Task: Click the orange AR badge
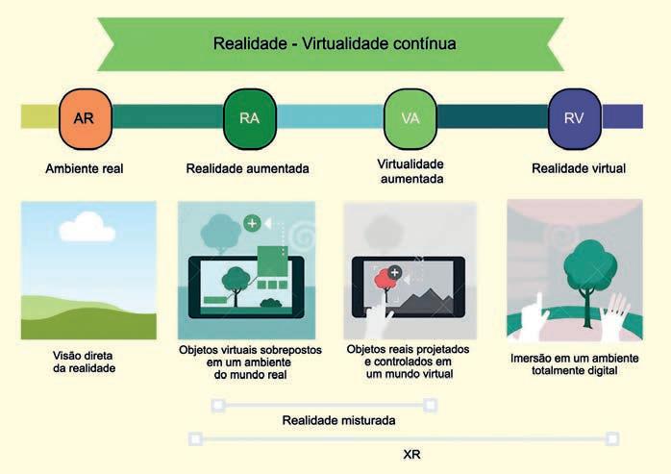[x=84, y=118]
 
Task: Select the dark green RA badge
[x=249, y=118]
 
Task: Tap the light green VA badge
[x=409, y=118]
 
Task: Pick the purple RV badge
[x=574, y=118]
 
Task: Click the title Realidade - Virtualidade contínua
[x=334, y=43]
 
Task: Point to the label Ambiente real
[x=84, y=168]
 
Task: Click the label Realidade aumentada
[x=247, y=168]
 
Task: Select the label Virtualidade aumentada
[x=409, y=171]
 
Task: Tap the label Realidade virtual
[x=578, y=168]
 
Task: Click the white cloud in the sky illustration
[x=87, y=228]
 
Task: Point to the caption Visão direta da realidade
[x=85, y=361]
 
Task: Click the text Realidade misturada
[x=338, y=420]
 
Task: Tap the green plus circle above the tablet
[x=252, y=223]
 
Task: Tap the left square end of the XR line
[x=195, y=439]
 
